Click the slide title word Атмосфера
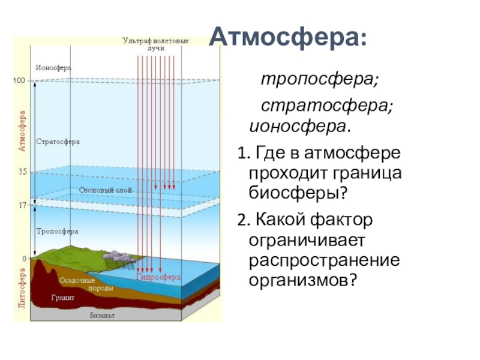(287, 38)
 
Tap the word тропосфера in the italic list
(319, 79)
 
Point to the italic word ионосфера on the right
(301, 127)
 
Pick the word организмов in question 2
(303, 280)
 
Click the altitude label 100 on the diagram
(20, 80)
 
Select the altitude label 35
(22, 172)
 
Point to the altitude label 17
(22, 205)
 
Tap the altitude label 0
(25, 259)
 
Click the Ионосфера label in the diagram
(53, 68)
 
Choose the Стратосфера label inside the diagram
(58, 142)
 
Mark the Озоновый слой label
(105, 190)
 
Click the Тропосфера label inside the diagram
(57, 231)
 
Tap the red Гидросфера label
(158, 278)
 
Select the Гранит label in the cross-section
(62, 296)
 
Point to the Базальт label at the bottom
(102, 315)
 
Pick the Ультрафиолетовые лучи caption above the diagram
(155, 43)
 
